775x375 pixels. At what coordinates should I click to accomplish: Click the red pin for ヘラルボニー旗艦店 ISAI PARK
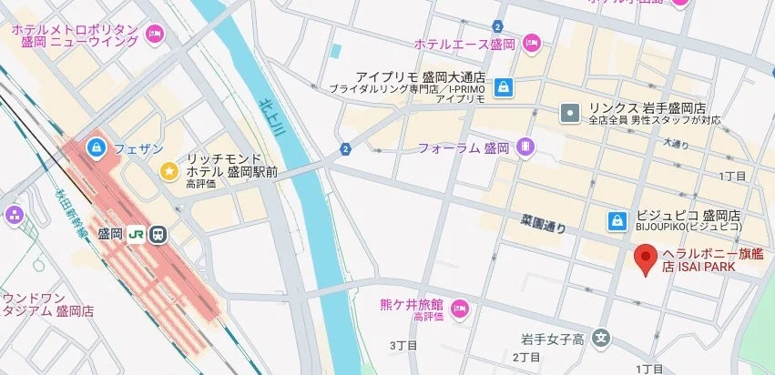[646, 258]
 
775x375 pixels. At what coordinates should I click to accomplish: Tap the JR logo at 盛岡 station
[137, 234]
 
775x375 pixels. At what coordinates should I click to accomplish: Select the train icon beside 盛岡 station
[158, 234]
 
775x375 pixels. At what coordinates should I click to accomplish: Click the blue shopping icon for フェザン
[96, 147]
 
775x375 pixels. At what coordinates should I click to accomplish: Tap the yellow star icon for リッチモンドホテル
[168, 170]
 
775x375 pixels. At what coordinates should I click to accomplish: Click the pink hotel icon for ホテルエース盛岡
[532, 43]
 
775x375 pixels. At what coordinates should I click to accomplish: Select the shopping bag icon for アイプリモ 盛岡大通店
[503, 88]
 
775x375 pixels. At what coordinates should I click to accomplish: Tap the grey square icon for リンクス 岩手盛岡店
[570, 113]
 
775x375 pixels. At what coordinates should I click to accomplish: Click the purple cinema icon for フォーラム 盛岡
[525, 147]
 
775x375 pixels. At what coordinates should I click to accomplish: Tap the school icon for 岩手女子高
[600, 339]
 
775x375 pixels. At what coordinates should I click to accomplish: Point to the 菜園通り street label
[543, 224]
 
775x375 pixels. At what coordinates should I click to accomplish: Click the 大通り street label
[676, 144]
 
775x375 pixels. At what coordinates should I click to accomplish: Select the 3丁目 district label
[403, 345]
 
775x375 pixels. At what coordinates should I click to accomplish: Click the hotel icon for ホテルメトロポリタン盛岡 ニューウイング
[155, 35]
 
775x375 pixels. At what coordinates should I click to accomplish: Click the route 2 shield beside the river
[345, 149]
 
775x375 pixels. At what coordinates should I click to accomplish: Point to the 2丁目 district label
[526, 356]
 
